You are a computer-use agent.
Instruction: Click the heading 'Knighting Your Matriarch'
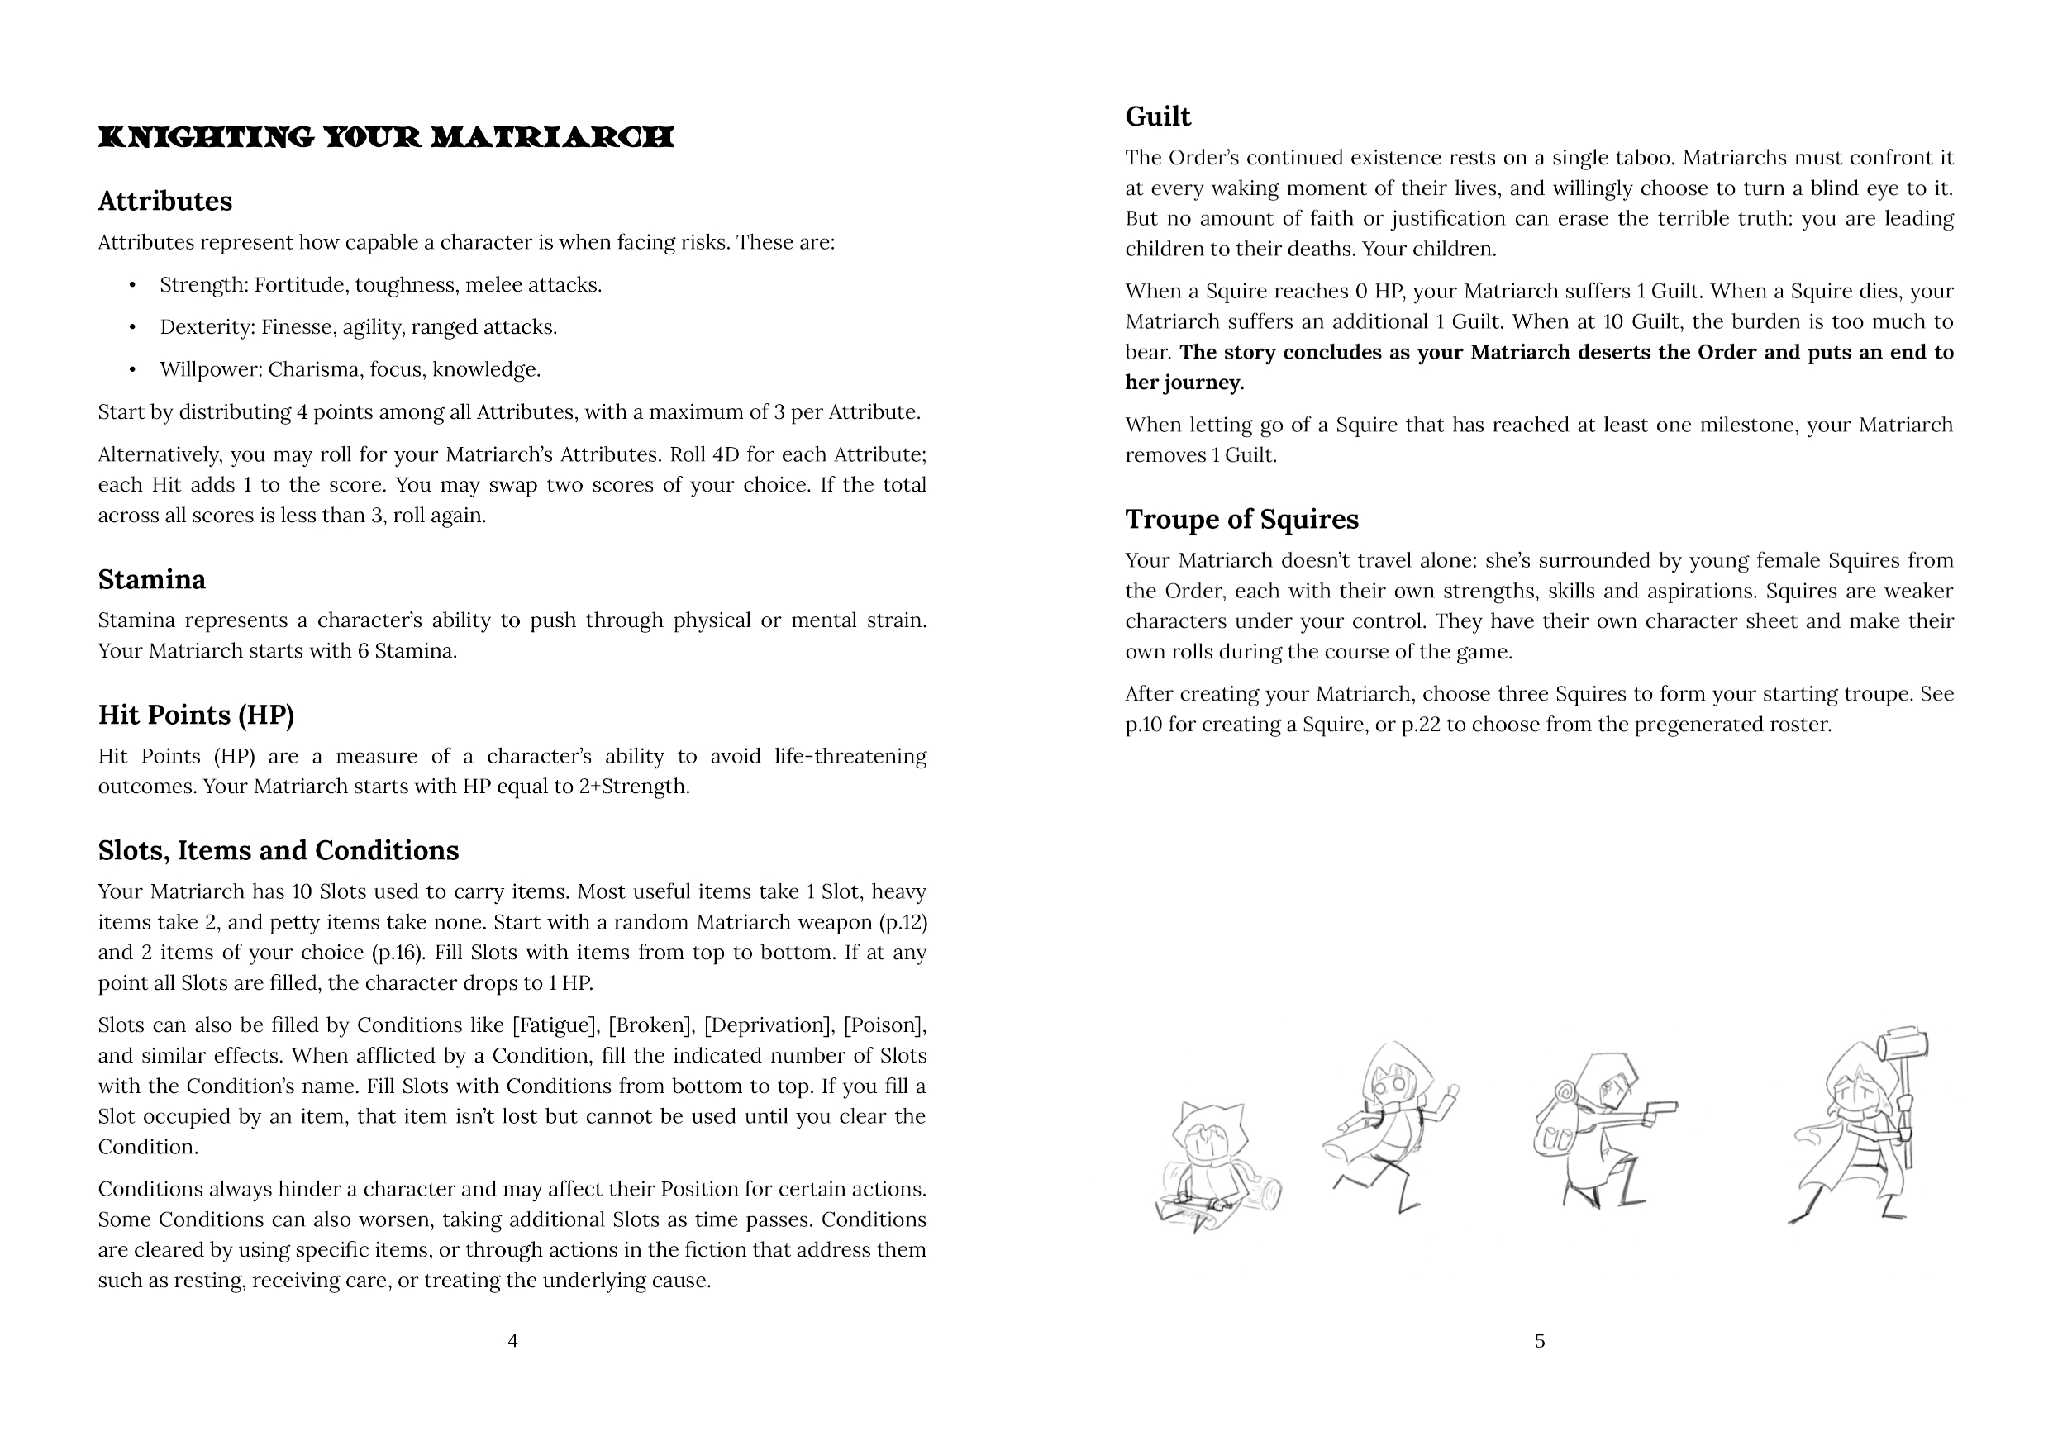click(x=385, y=137)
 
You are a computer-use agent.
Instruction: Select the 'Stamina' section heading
click(x=151, y=579)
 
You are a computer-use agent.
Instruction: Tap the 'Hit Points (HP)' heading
click(x=196, y=715)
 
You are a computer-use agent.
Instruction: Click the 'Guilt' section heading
click(x=1157, y=116)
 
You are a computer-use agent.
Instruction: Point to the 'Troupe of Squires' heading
click(x=1241, y=519)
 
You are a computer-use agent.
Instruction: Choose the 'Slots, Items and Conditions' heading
click(x=278, y=849)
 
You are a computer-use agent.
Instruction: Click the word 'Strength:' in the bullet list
click(x=204, y=285)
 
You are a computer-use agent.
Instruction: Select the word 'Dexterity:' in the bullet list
click(x=207, y=327)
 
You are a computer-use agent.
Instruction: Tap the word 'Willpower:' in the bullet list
click(x=211, y=369)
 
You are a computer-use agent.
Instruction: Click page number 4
click(x=512, y=1340)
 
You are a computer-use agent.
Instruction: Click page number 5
click(x=1540, y=1340)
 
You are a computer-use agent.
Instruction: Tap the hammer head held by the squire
click(x=1902, y=1046)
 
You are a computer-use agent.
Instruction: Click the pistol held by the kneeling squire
click(x=1660, y=1110)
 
